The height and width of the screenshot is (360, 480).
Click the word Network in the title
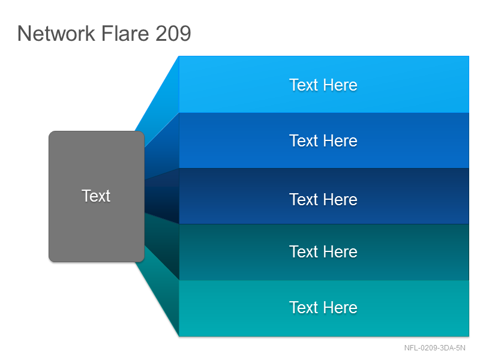click(x=56, y=34)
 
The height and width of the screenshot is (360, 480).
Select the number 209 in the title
click(x=173, y=34)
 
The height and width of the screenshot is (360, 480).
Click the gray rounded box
click(x=97, y=197)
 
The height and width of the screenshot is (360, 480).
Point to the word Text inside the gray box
click(x=96, y=196)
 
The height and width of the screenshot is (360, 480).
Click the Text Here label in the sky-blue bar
click(x=323, y=85)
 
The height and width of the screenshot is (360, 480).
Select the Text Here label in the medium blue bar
click(x=323, y=141)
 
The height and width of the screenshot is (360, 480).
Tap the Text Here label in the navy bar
click(x=323, y=200)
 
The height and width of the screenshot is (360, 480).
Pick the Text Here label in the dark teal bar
click(x=323, y=252)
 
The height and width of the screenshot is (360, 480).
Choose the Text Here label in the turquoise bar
click(x=323, y=308)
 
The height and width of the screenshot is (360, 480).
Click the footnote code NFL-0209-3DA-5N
click(x=434, y=348)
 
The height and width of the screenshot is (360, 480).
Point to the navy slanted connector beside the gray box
click(x=162, y=196)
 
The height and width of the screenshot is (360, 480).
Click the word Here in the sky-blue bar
click(x=340, y=85)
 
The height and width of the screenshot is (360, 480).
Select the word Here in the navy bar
click(x=340, y=200)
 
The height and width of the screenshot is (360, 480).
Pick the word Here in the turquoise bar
click(x=340, y=308)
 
